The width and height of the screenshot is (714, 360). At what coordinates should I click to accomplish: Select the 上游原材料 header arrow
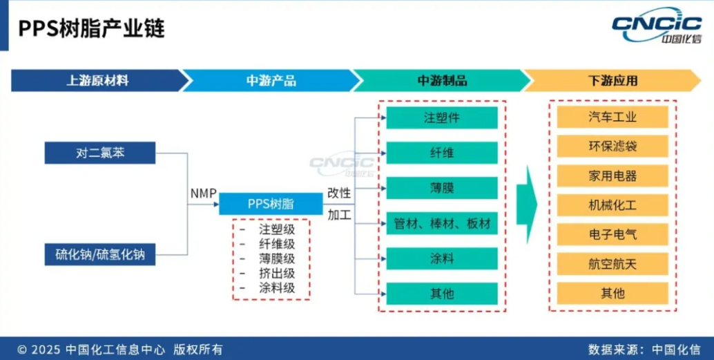coord(97,80)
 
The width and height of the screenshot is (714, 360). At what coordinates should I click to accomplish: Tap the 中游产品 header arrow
coord(270,80)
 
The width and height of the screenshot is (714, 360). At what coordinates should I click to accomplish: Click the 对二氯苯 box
coord(99,153)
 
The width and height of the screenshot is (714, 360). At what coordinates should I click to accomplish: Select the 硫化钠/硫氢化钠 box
coord(99,254)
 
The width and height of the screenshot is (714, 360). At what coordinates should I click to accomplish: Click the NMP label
coord(204,194)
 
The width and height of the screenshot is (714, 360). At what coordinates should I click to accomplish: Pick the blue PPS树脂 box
coord(271,203)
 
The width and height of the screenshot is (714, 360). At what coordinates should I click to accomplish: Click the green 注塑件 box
coord(441,117)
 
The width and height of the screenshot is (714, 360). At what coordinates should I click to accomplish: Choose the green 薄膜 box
coord(441,188)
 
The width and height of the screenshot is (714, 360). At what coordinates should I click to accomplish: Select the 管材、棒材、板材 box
coord(441,223)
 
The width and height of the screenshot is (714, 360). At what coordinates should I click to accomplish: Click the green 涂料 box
coord(441,258)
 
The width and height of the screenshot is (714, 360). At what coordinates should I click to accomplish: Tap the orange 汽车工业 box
coord(612,117)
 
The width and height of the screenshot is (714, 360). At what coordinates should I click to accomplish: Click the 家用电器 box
coord(612,176)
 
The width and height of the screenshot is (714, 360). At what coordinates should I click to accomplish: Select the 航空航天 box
coord(612,263)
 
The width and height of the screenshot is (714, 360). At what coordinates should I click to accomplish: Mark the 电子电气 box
coord(612,234)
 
